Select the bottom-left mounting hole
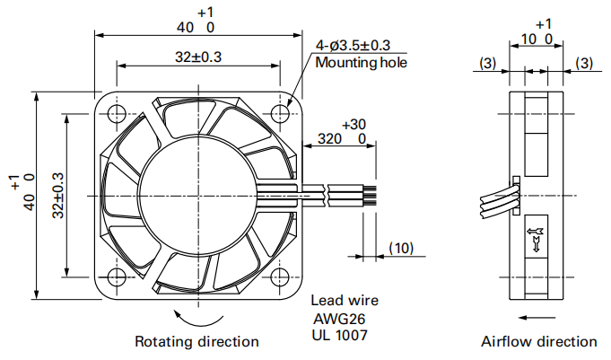click(116, 277)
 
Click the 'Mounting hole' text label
click(361, 63)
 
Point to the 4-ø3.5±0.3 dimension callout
click(353, 45)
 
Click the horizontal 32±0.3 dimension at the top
click(198, 57)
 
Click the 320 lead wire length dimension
click(330, 139)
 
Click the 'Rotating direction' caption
click(196, 341)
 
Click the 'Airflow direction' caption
click(538, 341)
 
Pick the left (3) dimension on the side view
click(487, 63)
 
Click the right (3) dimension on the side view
click(584, 63)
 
